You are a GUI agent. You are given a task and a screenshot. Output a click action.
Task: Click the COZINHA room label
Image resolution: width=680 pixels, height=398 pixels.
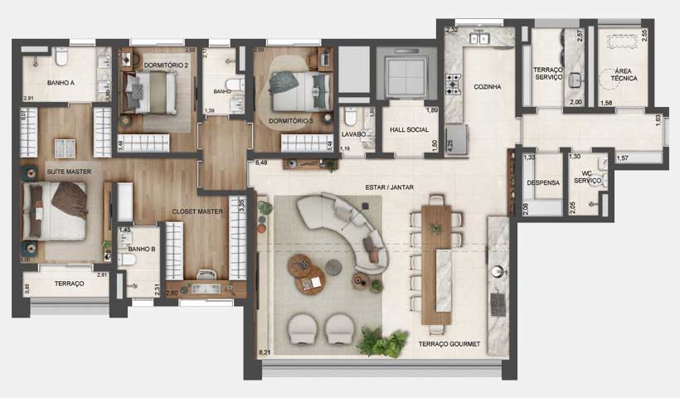coord(487,86)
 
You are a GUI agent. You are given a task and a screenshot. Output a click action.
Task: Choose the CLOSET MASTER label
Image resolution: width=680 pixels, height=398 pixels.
coord(197,212)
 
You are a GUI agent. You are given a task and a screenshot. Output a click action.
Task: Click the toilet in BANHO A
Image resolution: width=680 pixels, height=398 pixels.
coord(61,57)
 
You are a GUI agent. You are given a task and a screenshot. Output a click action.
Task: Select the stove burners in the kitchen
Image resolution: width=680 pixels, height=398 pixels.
coord(454,83)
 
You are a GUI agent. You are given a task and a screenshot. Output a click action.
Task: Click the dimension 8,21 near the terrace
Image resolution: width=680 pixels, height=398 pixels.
coord(265,352)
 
